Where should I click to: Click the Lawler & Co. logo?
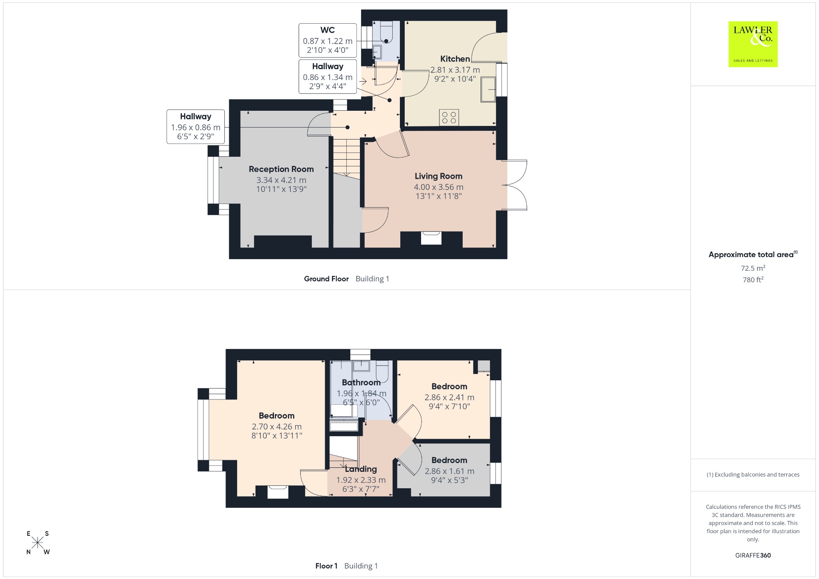[753, 44]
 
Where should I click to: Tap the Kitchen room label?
[455, 59]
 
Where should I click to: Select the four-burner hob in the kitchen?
[449, 118]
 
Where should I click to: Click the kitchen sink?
[488, 90]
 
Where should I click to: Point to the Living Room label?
[438, 176]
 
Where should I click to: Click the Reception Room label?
[281, 169]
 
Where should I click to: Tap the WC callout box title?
[328, 30]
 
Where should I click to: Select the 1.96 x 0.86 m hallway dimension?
[196, 128]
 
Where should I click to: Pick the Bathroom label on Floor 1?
[361, 383]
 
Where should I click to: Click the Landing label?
[361, 469]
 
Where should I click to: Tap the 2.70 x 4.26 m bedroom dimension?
[277, 427]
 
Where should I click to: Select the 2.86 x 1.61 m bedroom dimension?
[449, 471]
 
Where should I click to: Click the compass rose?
[38, 543]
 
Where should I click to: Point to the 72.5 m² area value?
[753, 268]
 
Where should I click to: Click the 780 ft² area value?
[753, 280]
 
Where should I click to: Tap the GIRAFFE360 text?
[753, 555]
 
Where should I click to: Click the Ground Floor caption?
[326, 279]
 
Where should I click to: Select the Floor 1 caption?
[326, 566]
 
